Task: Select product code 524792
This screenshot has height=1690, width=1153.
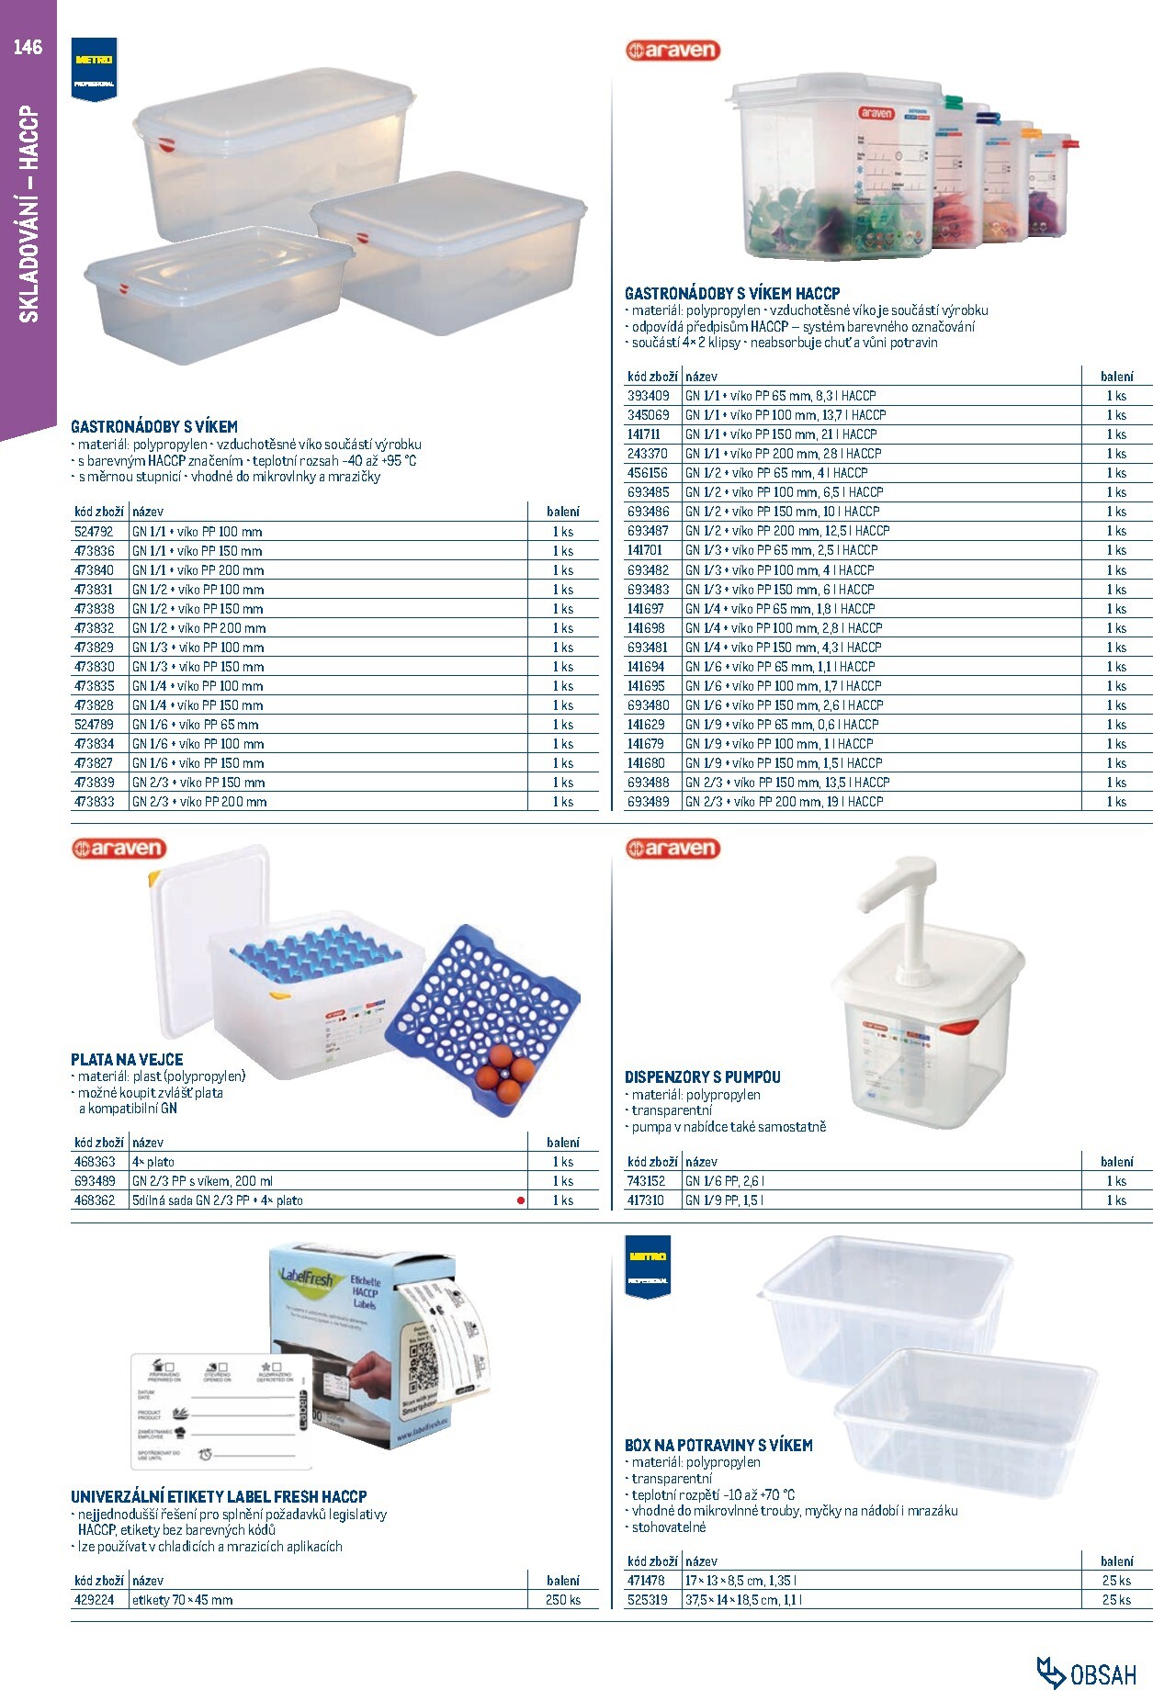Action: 94,532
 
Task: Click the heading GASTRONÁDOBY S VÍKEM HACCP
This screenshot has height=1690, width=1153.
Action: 732,294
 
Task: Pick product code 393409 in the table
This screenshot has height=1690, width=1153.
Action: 649,396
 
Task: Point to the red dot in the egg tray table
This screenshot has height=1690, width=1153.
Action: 521,1200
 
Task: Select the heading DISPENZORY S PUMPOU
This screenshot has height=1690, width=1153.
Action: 703,1076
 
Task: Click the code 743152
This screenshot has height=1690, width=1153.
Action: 647,1181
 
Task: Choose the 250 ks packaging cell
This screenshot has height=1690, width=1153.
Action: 562,1600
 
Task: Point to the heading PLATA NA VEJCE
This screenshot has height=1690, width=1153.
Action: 127,1059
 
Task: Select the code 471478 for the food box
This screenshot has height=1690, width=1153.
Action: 646,1581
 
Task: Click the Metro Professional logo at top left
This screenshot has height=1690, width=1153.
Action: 95,69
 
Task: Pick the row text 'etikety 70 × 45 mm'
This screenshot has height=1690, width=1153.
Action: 182,1600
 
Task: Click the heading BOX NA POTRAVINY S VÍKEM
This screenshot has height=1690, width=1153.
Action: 718,1445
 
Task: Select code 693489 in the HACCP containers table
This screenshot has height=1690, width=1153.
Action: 649,802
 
